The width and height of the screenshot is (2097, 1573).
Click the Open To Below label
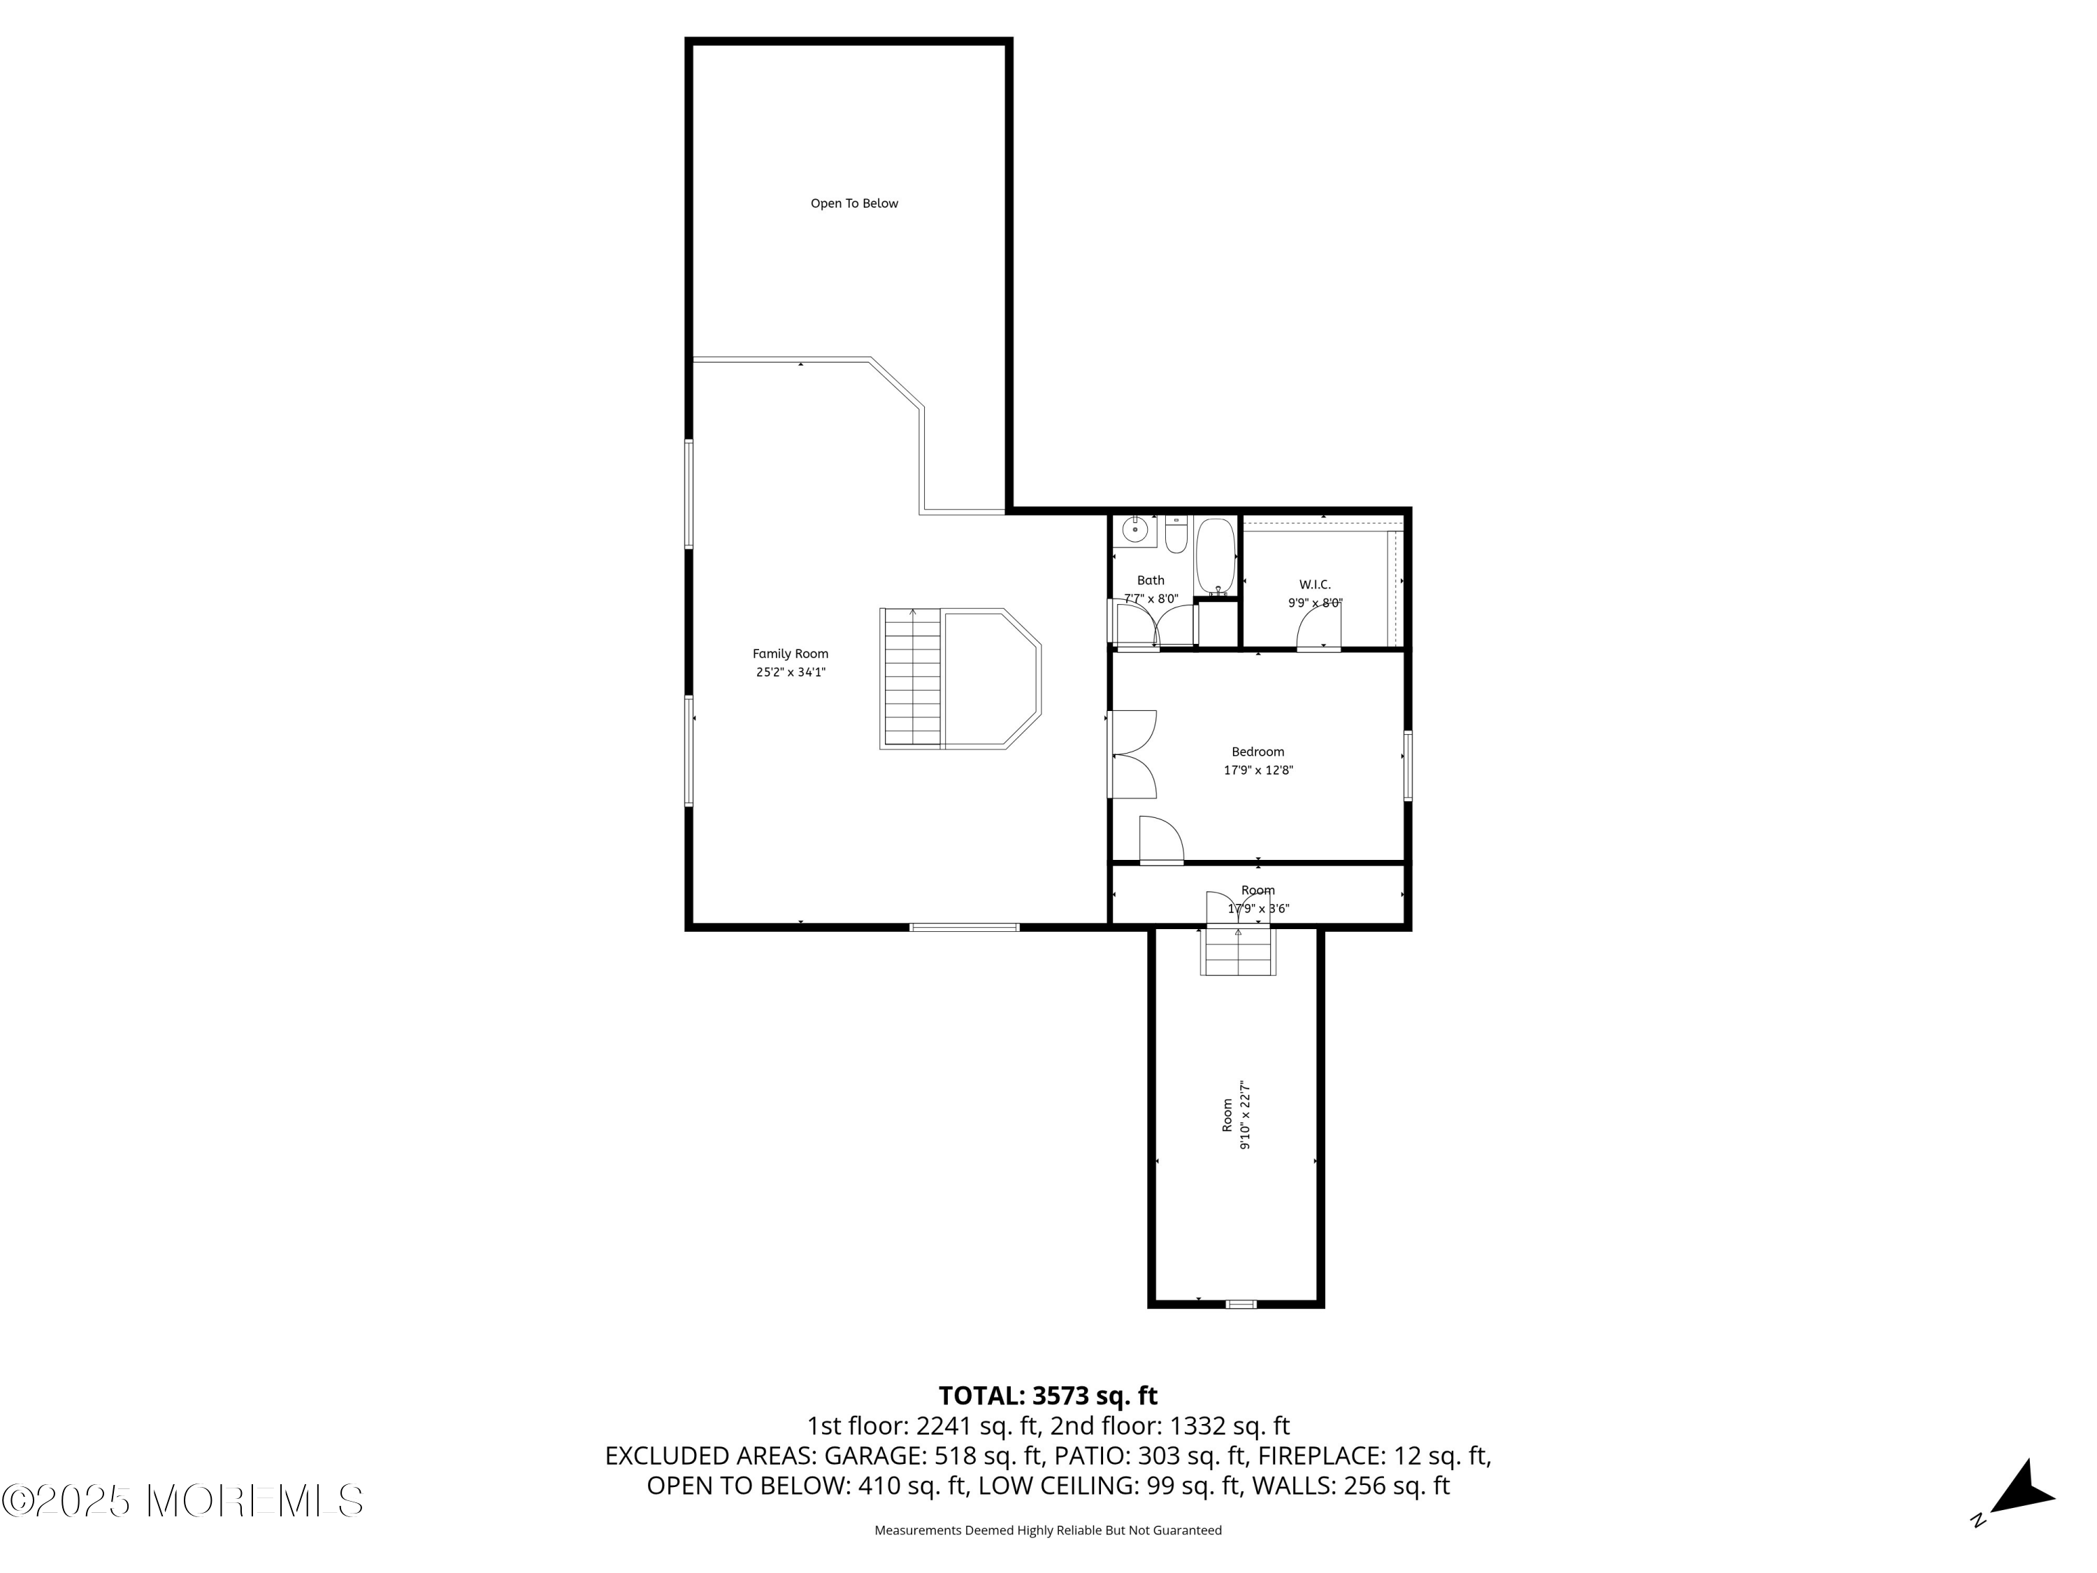[x=854, y=203]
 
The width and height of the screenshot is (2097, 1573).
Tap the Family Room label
[x=791, y=653]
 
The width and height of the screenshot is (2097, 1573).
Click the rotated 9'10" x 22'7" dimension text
[x=1246, y=1115]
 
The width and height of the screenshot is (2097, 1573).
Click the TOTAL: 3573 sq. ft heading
[x=1048, y=1395]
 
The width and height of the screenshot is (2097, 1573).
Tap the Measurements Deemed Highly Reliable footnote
[x=1048, y=1530]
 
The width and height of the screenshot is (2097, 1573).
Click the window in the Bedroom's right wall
[x=1408, y=766]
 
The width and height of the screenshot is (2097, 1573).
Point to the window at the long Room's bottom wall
[x=1240, y=1304]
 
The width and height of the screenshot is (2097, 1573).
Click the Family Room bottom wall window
[x=964, y=926]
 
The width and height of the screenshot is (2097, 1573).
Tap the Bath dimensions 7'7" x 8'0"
[x=1151, y=599]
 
